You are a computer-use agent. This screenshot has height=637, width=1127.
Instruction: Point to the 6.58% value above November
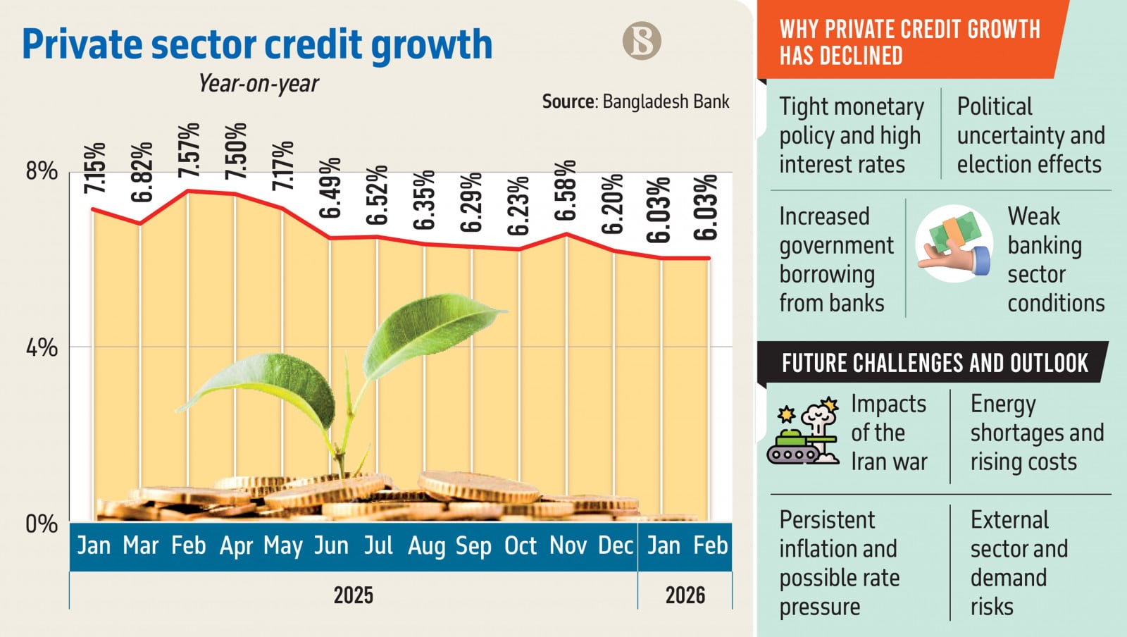click(566, 190)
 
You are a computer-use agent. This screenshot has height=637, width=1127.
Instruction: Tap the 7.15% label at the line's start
click(94, 168)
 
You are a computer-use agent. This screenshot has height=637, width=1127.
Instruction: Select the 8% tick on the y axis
click(41, 171)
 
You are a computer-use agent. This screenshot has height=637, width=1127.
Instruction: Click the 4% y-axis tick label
click(41, 347)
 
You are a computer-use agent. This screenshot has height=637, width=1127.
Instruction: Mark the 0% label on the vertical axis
click(41, 524)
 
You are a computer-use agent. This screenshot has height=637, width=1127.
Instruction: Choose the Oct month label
click(521, 546)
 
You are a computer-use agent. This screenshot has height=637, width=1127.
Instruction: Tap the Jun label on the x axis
click(331, 546)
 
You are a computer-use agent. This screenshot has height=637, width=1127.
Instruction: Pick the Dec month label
click(616, 546)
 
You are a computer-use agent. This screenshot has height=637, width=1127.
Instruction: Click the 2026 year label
click(685, 595)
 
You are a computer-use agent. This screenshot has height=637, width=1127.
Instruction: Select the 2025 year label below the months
click(353, 595)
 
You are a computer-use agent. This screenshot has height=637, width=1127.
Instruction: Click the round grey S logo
click(642, 40)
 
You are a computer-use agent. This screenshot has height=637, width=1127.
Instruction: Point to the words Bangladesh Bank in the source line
click(666, 102)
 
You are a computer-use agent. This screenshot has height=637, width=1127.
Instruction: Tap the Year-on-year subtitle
click(259, 84)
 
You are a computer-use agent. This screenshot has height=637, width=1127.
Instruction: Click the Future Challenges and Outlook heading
click(934, 363)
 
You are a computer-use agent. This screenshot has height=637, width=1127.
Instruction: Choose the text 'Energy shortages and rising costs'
click(1036, 433)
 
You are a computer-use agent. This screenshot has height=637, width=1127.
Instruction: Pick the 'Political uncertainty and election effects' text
click(1030, 135)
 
